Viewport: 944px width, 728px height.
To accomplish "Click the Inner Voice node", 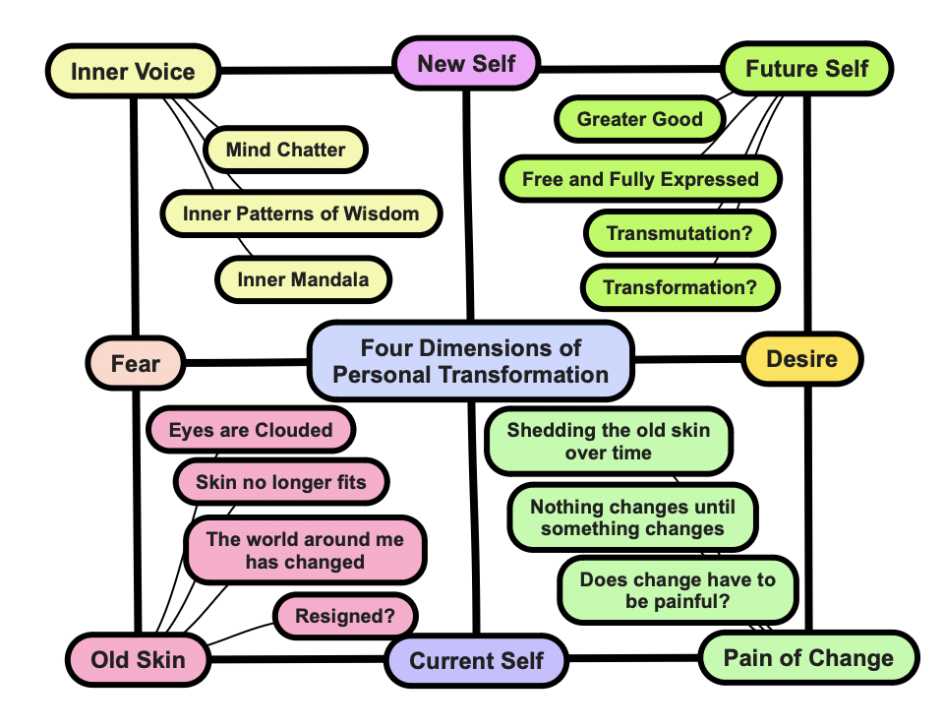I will (133, 72).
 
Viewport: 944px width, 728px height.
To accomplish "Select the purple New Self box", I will (466, 65).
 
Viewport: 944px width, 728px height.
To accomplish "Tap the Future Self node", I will (806, 69).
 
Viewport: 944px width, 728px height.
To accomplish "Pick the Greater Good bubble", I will (639, 120).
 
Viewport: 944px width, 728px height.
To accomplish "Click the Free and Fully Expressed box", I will (640, 179).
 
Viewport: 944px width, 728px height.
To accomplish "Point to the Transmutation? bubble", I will (679, 234).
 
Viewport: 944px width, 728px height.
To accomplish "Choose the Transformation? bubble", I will (679, 288).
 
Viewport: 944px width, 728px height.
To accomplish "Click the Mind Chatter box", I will (285, 151).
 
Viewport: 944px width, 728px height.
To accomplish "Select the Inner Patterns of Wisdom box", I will (300, 213).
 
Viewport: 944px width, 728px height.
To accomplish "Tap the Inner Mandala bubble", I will (303, 279).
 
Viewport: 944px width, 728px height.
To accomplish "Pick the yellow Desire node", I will (801, 359).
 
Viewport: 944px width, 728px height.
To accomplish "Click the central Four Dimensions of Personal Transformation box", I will (470, 361).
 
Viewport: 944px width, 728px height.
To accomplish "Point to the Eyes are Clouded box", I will (250, 430).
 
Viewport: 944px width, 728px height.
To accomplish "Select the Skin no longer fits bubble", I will (280, 482).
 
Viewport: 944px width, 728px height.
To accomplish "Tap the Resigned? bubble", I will (344, 617).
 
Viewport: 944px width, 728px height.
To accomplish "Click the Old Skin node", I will (138, 659).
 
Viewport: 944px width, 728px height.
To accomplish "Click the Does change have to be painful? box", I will (678, 590).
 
